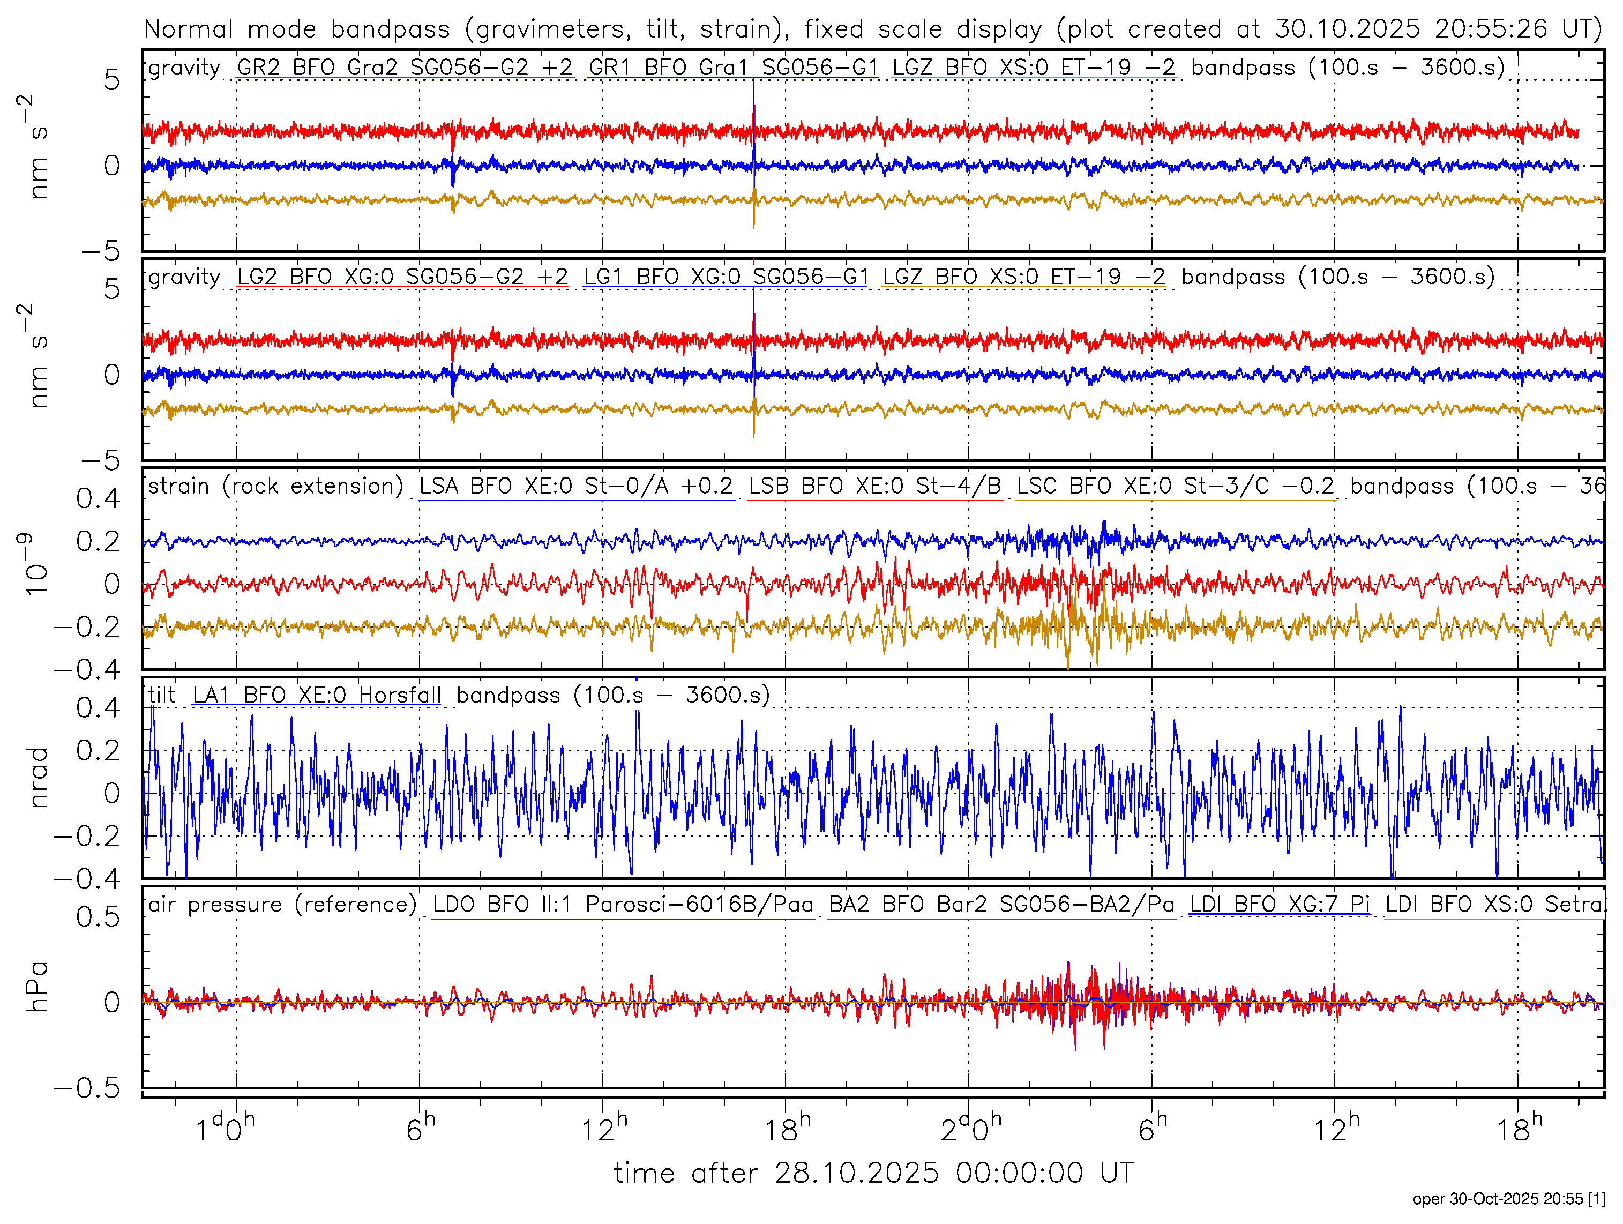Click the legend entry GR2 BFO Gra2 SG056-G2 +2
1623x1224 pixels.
pos(405,68)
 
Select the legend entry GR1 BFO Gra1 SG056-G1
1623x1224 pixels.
pos(733,68)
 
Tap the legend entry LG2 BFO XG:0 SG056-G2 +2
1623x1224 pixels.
pos(402,277)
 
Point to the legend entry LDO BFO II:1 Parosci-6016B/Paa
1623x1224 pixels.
pos(623,905)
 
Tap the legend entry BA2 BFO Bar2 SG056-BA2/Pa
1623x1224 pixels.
pos(1001,905)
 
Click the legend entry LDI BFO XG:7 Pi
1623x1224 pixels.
pos(1279,905)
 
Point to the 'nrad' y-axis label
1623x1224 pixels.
pos(36,778)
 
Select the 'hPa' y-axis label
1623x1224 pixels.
pos(36,987)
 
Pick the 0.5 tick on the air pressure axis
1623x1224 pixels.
pos(98,917)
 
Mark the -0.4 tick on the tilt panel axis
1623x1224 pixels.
pos(87,878)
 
